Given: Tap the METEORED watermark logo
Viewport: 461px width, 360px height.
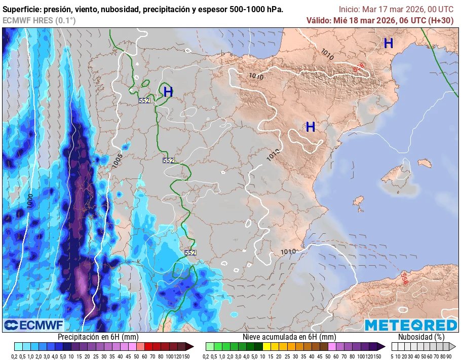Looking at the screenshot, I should pos(410,325).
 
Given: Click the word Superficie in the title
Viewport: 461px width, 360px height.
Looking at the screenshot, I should pos(22,10).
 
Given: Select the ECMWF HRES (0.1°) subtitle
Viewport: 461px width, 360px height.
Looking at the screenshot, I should pos(39,20).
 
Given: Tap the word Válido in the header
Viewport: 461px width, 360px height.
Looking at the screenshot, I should pos(319,20).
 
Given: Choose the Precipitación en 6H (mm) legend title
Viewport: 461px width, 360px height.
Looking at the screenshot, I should pos(98,337).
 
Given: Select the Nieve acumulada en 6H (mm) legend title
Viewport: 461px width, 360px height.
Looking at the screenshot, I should pos(289,337).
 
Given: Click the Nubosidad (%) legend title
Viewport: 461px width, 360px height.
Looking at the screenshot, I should pos(421,337).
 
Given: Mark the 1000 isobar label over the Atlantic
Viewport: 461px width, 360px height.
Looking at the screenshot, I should pos(30,200).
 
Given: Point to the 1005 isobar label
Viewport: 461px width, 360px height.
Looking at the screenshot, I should pos(117,161).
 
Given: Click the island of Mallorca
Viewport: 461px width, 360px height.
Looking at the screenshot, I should pos(395,174).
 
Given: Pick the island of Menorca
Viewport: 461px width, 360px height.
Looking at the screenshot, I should pos(422,163).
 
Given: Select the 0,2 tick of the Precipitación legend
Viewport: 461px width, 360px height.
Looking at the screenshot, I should pos(18,356).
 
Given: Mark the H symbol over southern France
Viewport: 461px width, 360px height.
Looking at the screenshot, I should pos(389,44).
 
